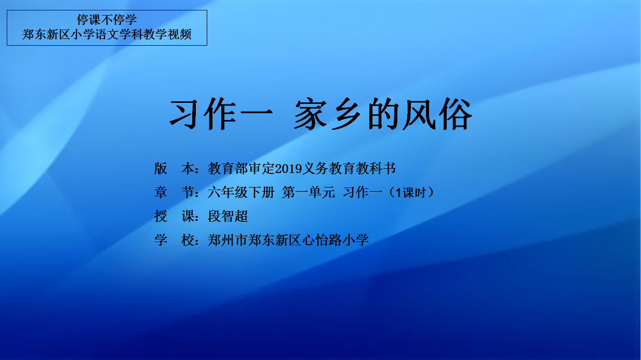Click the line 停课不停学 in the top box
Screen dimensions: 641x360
(x=106, y=20)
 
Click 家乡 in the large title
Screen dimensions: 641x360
(x=328, y=114)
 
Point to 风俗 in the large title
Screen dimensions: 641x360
(x=437, y=114)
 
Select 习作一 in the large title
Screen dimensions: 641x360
(x=221, y=114)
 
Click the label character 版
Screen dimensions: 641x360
(x=161, y=168)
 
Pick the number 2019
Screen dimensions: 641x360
(x=288, y=168)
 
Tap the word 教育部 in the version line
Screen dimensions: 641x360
(x=228, y=168)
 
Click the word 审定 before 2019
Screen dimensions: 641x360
(x=262, y=168)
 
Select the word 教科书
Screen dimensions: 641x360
(x=376, y=168)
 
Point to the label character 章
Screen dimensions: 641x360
(x=161, y=192)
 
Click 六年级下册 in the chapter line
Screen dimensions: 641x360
(x=241, y=192)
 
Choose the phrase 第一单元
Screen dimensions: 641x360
(x=308, y=192)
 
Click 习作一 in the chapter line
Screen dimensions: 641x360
(x=362, y=192)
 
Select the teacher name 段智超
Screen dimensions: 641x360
(x=228, y=216)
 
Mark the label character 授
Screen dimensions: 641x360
(x=161, y=216)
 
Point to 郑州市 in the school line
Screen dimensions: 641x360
(x=228, y=240)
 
